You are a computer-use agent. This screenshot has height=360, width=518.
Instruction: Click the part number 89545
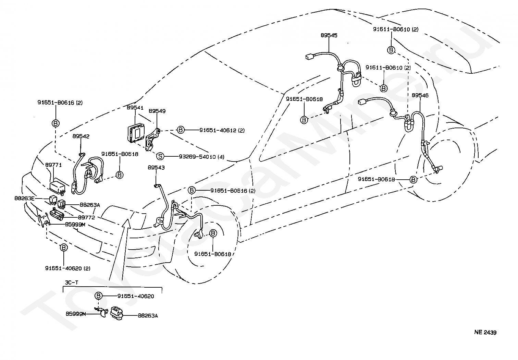pyautogui.click(x=329, y=35)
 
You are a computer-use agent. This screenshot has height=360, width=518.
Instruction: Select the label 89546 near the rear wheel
pyautogui.click(x=420, y=95)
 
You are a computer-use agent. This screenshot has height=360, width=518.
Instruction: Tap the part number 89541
pyautogui.click(x=135, y=108)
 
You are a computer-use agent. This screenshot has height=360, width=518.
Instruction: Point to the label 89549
pyautogui.click(x=157, y=111)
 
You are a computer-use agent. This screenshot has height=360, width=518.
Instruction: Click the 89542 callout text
pyautogui.click(x=81, y=136)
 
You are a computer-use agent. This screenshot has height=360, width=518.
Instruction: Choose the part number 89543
pyautogui.click(x=156, y=168)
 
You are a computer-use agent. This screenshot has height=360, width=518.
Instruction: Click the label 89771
pyautogui.click(x=53, y=165)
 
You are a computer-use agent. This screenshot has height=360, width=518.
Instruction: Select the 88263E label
pyautogui.click(x=24, y=198)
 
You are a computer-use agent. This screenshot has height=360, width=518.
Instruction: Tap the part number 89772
pyautogui.click(x=86, y=217)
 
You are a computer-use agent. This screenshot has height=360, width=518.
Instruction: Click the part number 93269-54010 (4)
pyautogui.click(x=201, y=157)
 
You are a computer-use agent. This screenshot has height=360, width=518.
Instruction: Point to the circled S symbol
pyautogui.click(x=160, y=156)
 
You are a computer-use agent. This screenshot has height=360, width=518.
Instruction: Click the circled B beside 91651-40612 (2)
pyautogui.click(x=181, y=130)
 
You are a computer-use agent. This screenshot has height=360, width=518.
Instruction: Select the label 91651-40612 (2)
pyautogui.click(x=222, y=131)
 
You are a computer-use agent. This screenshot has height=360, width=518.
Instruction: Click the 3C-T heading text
pyautogui.click(x=72, y=283)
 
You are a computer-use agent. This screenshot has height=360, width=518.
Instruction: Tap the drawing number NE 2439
pyautogui.click(x=485, y=333)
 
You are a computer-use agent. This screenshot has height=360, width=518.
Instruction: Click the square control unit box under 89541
pyautogui.click(x=136, y=134)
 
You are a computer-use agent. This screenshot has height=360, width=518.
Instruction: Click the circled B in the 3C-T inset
pyautogui.click(x=98, y=296)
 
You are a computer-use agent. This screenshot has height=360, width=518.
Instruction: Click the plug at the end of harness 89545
pyautogui.click(x=309, y=57)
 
